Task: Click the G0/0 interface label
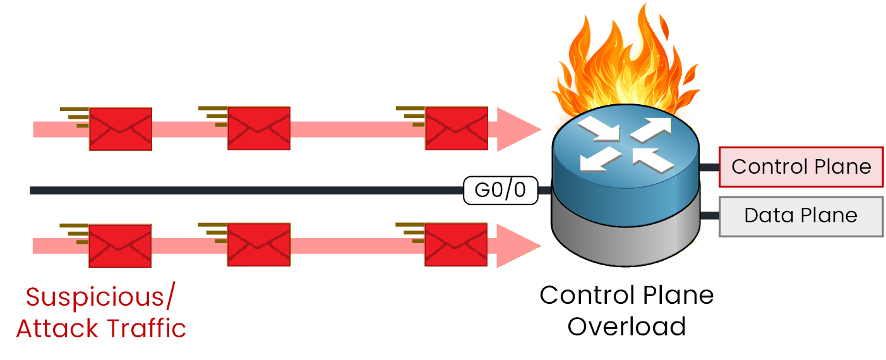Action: [x=500, y=190]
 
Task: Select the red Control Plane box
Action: [x=801, y=167]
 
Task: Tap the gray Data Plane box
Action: [x=801, y=216]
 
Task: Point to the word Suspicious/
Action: [x=102, y=297]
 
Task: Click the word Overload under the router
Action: [x=626, y=327]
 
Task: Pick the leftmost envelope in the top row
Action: [x=120, y=129]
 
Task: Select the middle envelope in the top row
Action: [x=258, y=128]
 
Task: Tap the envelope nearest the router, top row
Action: [x=456, y=128]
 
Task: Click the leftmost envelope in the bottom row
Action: [x=120, y=245]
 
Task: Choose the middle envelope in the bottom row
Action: [x=258, y=245]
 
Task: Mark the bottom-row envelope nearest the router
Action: [x=456, y=245]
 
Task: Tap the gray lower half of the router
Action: [x=625, y=231]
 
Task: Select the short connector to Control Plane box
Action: [x=710, y=167]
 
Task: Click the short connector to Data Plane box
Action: [x=710, y=215]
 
